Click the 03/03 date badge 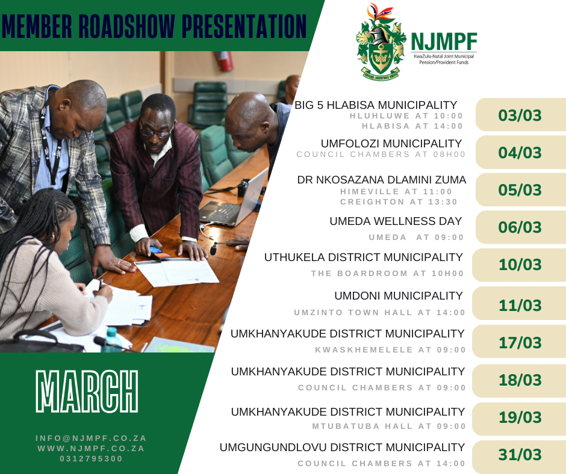[520, 115]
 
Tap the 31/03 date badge [520, 455]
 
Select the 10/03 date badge [520, 265]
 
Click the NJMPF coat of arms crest [381, 42]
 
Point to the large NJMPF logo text [444, 42]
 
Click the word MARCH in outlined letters [87, 391]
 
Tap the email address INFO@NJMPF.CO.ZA [91, 438]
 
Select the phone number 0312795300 [91, 458]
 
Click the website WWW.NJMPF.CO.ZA [91, 448]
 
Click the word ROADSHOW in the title [126, 26]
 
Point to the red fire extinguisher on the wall [224, 61]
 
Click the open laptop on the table [234, 202]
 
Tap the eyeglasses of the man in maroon [155, 133]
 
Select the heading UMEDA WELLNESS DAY [396, 221]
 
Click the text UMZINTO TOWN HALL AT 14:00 [379, 312]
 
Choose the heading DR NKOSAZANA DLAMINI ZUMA [382, 180]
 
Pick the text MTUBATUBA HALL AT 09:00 [389, 426]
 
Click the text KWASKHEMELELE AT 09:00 [390, 349]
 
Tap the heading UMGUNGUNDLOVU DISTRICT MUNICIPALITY [342, 448]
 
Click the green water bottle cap [112, 331]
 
